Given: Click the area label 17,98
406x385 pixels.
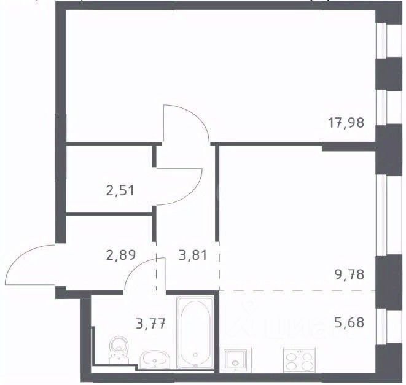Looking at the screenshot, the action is tap(346, 123).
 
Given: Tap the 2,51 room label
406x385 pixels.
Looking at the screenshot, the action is tap(120, 191).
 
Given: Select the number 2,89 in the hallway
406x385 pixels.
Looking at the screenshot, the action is tap(121, 255).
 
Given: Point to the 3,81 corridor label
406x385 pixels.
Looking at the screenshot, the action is tap(193, 255).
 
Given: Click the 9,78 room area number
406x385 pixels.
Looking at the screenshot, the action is tap(349, 274).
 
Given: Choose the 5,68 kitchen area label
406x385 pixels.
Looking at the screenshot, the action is tap(349, 322).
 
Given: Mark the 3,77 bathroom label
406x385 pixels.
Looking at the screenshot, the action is tap(150, 324).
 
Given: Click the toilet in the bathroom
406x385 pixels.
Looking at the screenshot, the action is tap(119, 350).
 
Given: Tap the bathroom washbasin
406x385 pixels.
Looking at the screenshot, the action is tap(155, 359).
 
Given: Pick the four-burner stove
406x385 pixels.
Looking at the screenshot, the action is tap(299, 360).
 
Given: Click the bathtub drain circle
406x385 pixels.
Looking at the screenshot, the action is tap(195, 355).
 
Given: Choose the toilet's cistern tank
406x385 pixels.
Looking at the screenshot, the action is tap(119, 360).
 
